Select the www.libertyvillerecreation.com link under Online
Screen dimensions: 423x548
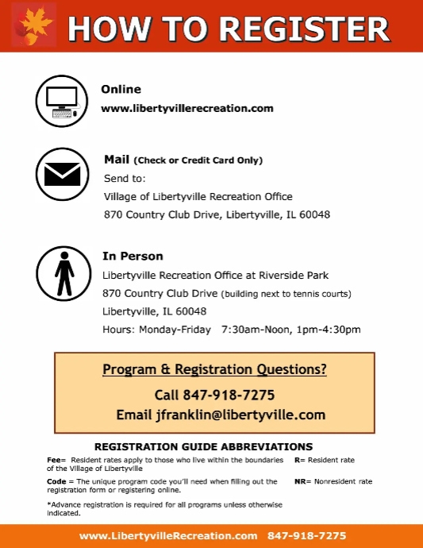point(187,108)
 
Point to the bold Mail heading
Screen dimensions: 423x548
point(117,160)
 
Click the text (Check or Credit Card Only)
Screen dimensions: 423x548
point(198,160)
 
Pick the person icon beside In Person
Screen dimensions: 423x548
point(63,273)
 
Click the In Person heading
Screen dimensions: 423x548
point(133,256)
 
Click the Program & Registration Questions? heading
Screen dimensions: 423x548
point(214,369)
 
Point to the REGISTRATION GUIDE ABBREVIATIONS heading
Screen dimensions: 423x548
point(203,446)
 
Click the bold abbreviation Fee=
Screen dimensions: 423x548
point(56,460)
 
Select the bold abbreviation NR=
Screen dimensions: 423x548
point(302,481)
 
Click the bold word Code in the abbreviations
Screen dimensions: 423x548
point(56,481)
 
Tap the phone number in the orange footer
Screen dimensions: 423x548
point(307,536)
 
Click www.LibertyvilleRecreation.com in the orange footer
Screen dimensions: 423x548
point(168,536)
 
